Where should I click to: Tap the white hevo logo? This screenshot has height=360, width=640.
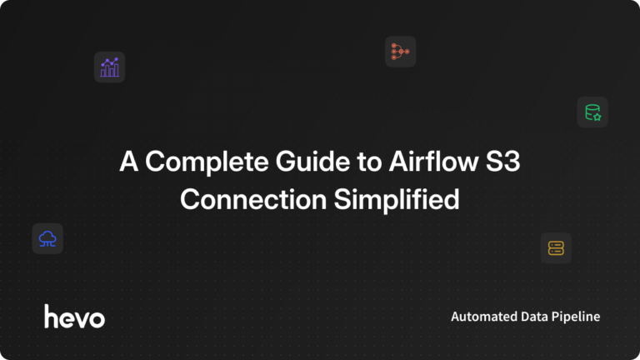[x=74, y=316]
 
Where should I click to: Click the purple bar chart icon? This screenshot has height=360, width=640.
[x=109, y=67]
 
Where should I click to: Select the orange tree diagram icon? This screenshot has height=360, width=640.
[x=400, y=52]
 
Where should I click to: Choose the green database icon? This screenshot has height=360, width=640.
[x=592, y=112]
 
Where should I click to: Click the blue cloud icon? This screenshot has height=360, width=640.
[x=47, y=239]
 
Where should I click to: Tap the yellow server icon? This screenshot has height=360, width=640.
[x=556, y=247]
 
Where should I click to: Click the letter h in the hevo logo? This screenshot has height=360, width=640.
[x=51, y=315]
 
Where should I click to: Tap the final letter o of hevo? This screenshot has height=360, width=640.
[x=97, y=317]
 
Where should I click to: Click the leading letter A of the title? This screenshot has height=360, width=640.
[x=128, y=162]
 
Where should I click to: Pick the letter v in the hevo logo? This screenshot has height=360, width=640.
[x=81, y=317]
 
